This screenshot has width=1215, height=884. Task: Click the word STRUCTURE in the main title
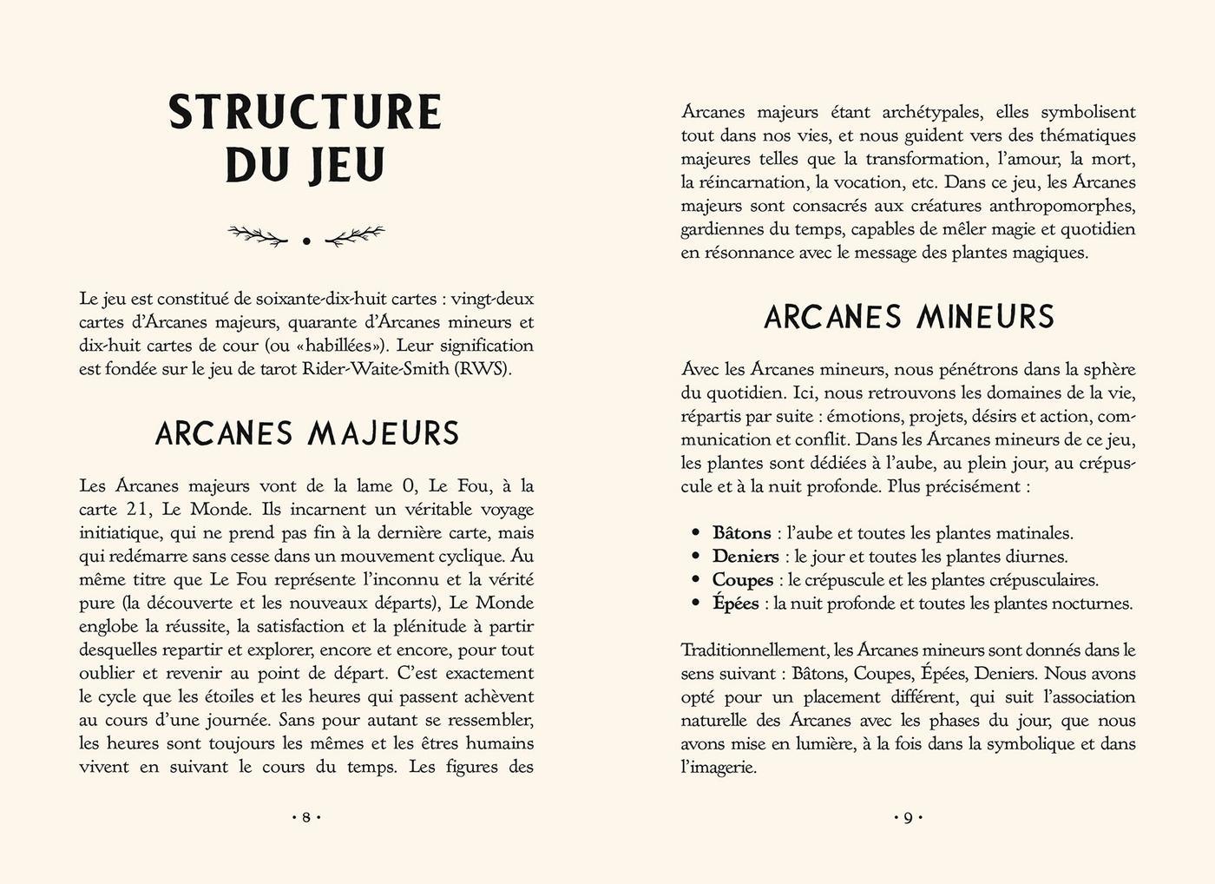click(305, 112)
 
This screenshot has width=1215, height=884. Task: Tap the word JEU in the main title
click(345, 165)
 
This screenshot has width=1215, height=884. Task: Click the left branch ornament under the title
click(257, 234)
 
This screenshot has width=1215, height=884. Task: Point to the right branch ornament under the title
click(354, 234)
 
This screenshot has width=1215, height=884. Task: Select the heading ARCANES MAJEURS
click(306, 433)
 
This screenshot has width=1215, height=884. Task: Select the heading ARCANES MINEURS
click(909, 317)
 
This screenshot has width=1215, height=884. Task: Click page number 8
click(306, 817)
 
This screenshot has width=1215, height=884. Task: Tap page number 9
click(908, 817)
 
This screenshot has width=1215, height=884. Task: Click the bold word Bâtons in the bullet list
click(741, 533)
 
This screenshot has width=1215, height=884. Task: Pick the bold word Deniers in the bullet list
click(745, 557)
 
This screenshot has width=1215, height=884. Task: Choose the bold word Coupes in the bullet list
click(742, 580)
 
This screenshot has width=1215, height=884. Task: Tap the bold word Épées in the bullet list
click(735, 604)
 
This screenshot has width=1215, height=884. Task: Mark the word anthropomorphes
click(1062, 206)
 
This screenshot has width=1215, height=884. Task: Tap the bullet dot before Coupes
click(695, 579)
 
